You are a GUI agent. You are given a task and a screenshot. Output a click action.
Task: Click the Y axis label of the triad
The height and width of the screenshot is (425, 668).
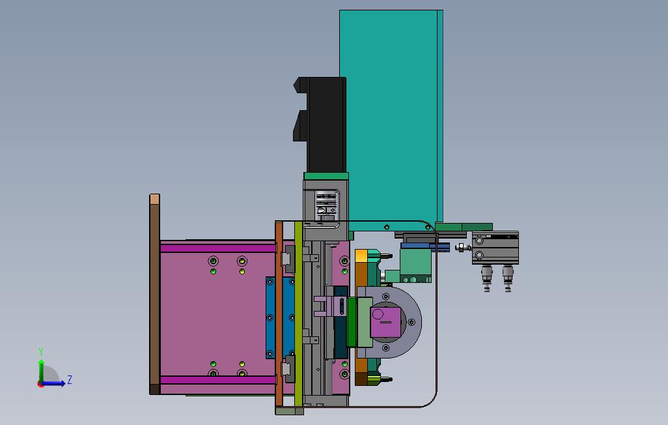(41, 351)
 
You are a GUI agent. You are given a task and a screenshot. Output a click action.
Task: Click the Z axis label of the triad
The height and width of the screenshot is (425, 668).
(70, 379)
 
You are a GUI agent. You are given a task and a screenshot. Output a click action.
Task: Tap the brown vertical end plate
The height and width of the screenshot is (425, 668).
(155, 294)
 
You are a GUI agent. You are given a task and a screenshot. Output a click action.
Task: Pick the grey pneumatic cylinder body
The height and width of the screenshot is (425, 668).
(495, 248)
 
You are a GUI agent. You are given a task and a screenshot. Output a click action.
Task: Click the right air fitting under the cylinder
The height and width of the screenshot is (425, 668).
(507, 278)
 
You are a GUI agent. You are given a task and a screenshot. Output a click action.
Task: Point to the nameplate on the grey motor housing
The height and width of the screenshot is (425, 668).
(327, 205)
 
